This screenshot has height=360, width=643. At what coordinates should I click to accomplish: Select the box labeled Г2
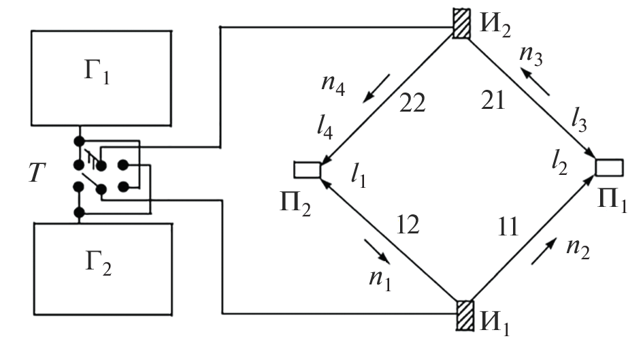point(101,269)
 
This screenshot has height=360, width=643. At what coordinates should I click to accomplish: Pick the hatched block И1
point(465,315)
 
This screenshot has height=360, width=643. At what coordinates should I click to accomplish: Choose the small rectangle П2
point(307,169)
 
